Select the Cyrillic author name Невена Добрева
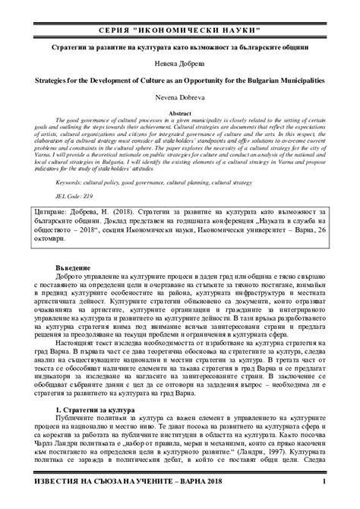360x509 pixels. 180,62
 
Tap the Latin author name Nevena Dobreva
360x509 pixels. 180,95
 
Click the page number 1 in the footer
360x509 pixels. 324,482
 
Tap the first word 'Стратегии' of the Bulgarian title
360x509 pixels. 71,47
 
